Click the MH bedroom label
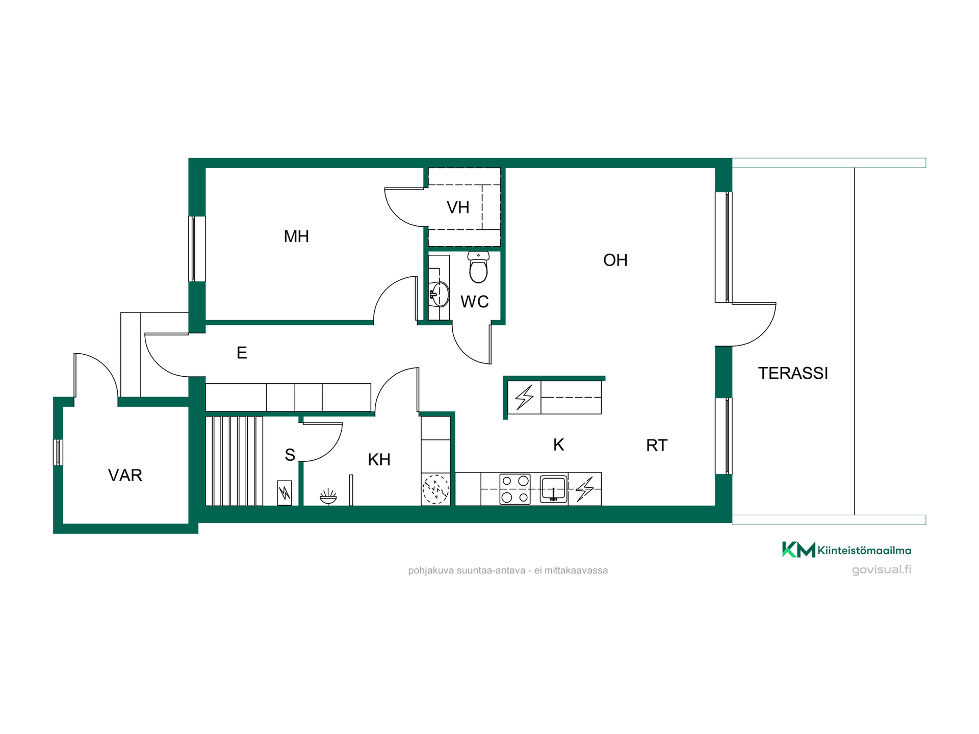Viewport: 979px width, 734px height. coord(296,237)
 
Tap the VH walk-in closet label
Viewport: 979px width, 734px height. coord(458,207)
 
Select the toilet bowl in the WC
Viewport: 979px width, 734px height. coord(478,267)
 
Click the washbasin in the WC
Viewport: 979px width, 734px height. coord(439,294)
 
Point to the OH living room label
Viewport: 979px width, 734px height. coord(615,260)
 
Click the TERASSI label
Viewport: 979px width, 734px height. coord(793,373)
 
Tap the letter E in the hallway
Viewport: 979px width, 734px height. coord(242,353)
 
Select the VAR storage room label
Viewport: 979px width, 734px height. coord(125,476)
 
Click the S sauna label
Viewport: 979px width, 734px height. coord(290,455)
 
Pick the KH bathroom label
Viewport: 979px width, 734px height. coord(379,460)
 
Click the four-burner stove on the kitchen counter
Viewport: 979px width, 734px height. coord(515,489)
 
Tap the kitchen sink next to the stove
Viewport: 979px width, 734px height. coord(554,489)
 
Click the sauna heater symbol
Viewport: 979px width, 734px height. coord(285,493)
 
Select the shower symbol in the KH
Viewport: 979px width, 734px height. coord(328,496)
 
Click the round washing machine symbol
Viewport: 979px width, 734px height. coord(435,489)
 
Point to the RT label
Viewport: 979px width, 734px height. coord(656,445)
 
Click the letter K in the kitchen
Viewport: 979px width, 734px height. coord(558,445)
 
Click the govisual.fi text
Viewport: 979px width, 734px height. coord(882,570)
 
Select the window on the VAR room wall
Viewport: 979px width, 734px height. coord(58,453)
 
